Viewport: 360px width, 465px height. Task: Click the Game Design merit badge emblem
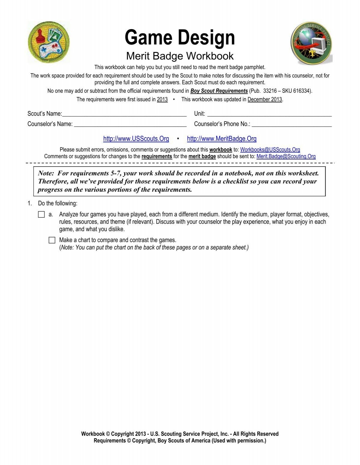click(x=49, y=42)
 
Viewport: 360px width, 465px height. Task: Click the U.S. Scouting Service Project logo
click(x=311, y=43)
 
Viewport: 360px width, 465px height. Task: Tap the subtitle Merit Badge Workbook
click(x=180, y=56)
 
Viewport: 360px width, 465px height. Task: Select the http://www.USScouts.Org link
click(x=136, y=139)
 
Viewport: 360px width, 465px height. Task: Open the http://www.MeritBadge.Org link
click(x=222, y=139)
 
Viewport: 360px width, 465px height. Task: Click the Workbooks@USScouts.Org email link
click(x=270, y=149)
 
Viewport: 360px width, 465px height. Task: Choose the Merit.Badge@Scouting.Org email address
click(x=286, y=156)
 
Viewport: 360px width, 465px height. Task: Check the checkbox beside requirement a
click(x=41, y=215)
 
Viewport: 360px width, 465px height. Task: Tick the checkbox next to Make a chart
click(x=52, y=240)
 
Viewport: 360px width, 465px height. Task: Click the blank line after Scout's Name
click(x=124, y=114)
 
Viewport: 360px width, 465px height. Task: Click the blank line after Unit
click(x=269, y=114)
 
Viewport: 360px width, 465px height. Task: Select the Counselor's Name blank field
click(x=130, y=124)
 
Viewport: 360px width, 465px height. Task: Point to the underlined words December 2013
click(x=265, y=99)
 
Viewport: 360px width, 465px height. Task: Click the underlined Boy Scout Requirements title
click(x=219, y=91)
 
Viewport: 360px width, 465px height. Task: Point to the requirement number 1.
click(x=29, y=204)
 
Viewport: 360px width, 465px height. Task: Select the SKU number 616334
click(x=301, y=91)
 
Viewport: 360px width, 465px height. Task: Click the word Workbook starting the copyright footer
click(x=93, y=434)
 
